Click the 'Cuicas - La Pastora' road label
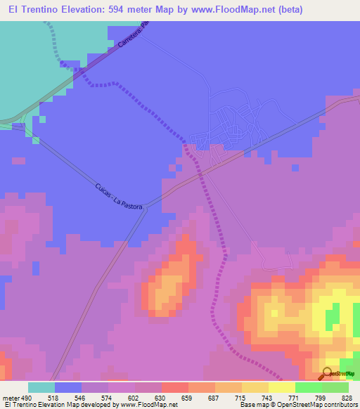pos(120,197)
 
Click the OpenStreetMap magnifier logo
pos(327,373)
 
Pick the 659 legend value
pos(188,398)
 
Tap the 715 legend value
pos(241,398)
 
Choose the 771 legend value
pos(295,398)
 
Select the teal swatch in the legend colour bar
pos(41,387)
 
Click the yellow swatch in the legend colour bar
pos(281,387)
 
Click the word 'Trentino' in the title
pos(41,9)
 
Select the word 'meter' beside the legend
pos(11,398)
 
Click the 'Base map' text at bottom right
pos(252,405)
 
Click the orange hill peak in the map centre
pos(169,281)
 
